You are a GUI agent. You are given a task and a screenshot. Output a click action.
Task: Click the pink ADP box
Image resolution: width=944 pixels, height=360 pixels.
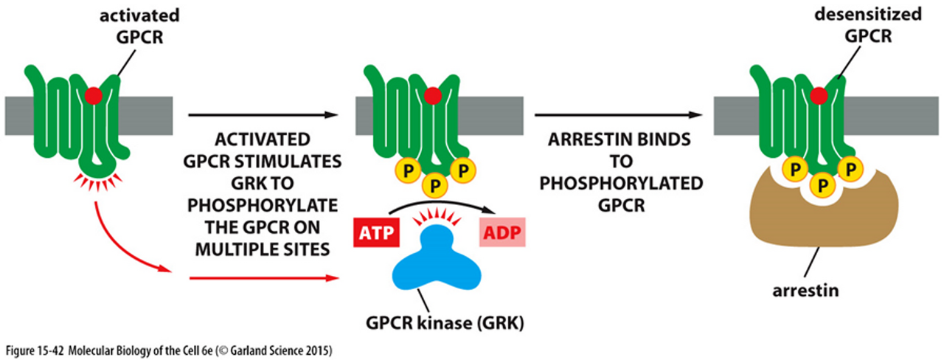coord(501,235)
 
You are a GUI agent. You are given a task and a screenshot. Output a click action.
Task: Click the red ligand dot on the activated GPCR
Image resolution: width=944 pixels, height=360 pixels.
coord(93,95)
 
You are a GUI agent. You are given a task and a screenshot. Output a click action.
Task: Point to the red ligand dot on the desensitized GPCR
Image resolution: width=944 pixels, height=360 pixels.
coord(819,95)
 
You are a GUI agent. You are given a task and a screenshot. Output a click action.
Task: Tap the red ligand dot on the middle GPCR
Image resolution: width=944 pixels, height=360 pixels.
coord(433,95)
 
